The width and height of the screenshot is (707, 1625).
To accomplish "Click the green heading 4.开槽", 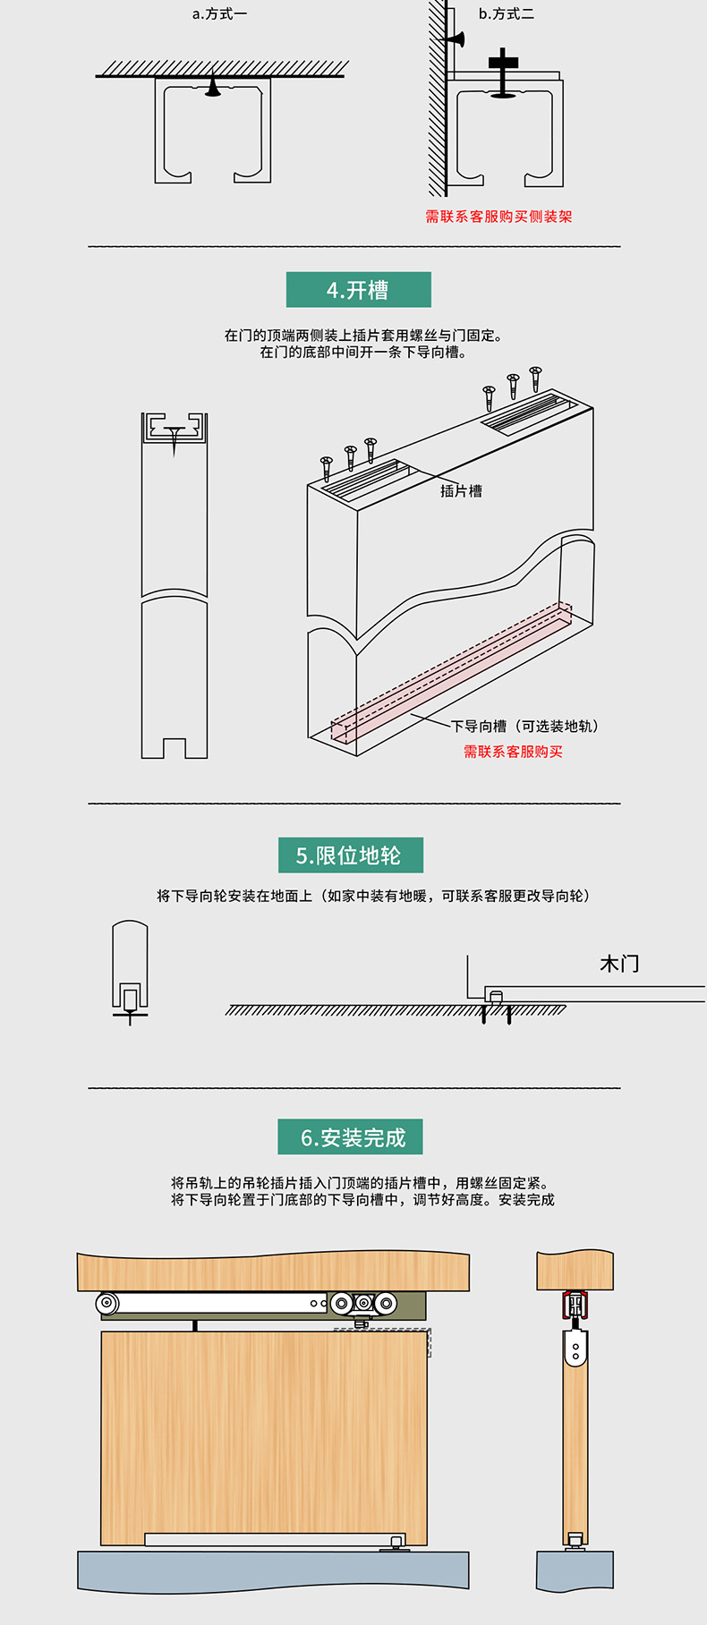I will coord(358,290).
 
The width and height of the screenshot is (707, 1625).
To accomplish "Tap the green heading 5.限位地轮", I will coord(350,855).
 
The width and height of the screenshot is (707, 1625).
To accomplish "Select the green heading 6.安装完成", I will coord(350,1137).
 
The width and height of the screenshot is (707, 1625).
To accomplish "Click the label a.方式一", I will coord(220,14).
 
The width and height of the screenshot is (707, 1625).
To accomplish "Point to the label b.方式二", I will coord(507,14).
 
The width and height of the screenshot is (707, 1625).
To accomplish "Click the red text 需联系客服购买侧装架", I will coord(498,217).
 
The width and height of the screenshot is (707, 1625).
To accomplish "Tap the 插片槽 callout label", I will coord(461,490).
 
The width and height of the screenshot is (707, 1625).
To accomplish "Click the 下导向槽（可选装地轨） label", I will coord(525,726).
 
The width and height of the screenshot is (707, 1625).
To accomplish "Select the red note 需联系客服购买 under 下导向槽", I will coord(513,752).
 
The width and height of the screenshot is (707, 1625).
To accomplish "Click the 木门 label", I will coord(619,964).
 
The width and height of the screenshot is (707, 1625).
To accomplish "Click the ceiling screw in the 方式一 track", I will coord(212,88).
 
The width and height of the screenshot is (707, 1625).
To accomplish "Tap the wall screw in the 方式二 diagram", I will coord(454,39).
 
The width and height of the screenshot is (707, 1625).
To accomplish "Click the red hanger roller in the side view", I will coord(575,1306).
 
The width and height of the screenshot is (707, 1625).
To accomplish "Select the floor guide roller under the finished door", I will coord(396,1543).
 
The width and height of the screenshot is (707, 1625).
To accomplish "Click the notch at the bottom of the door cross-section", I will coord(175,748).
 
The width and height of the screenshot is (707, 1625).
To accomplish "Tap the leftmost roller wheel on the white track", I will coord(108,1303).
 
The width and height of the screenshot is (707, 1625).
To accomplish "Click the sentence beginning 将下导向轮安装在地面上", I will coord(372,896).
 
